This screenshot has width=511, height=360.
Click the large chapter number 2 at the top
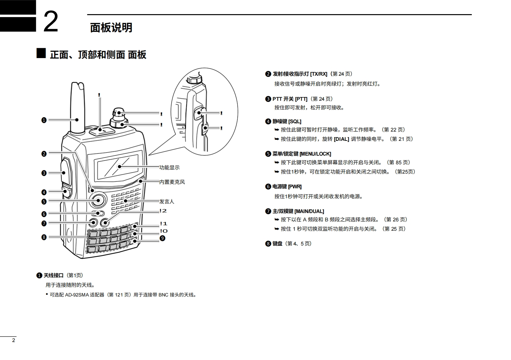tap(51, 22)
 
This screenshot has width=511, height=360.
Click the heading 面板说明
tap(111, 28)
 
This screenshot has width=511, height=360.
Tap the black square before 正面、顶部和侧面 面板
tap(41, 53)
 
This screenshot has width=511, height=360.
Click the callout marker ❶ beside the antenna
tap(44, 120)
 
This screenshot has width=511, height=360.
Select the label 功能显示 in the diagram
tap(169, 167)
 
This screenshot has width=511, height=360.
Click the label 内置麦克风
tap(172, 182)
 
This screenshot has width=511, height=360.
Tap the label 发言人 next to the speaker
tap(167, 201)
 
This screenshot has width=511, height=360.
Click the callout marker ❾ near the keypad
tap(163, 238)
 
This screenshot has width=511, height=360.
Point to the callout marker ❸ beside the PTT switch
tap(44, 173)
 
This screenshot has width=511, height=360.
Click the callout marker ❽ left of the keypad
tap(44, 237)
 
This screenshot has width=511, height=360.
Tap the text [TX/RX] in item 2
tap(318, 74)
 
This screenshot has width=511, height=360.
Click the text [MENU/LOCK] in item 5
tap(315, 154)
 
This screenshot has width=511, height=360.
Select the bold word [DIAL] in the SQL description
tap(342, 139)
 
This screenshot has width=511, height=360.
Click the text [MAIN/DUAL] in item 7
tap(309, 211)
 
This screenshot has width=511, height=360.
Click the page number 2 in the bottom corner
tap(13, 340)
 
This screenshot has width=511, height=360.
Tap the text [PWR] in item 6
tap(295, 187)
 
